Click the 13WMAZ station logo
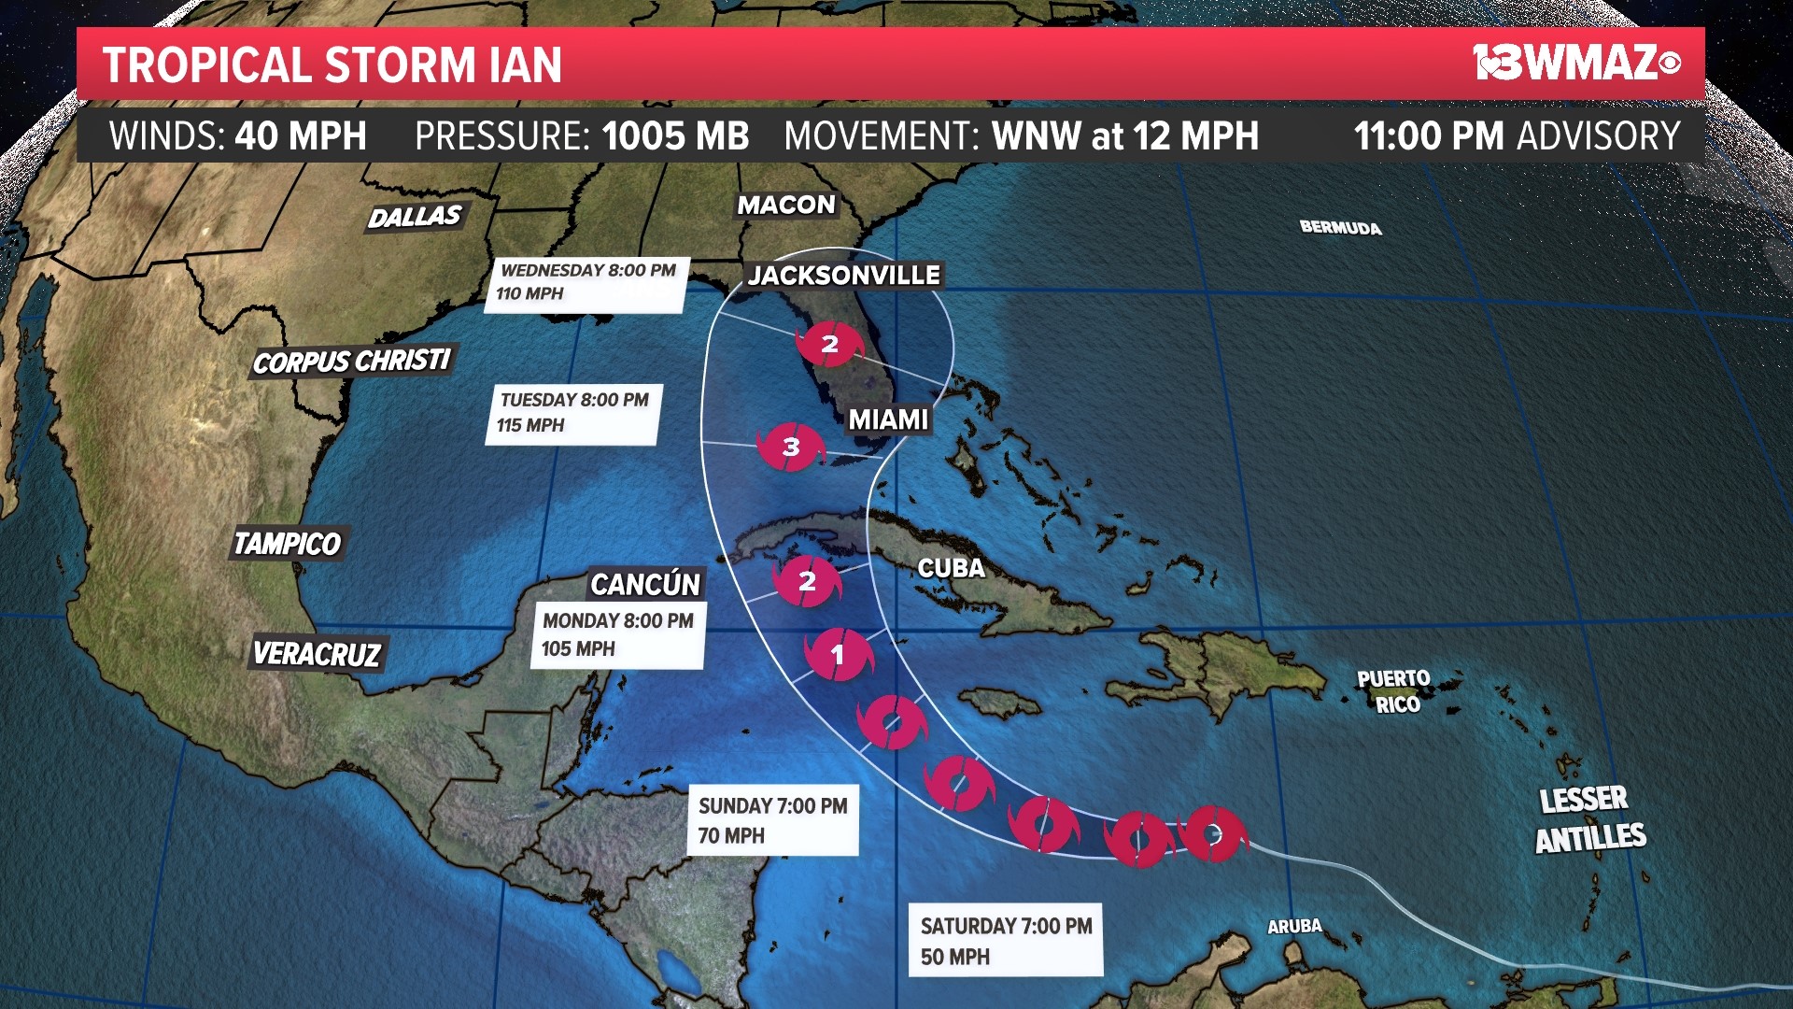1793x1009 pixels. point(1576,63)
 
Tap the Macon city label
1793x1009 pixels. point(786,205)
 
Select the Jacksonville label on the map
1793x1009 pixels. point(844,275)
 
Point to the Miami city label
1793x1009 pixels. point(888,419)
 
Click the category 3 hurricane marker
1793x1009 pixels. point(791,447)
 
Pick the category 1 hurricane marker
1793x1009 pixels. point(838,654)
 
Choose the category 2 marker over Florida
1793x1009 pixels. point(829,344)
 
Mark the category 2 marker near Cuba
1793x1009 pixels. point(807,581)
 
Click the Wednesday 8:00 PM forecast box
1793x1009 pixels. point(587,283)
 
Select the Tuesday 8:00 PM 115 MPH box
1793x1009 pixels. point(573,413)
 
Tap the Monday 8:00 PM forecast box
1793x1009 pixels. point(617,634)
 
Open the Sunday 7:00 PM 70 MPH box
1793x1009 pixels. point(773,819)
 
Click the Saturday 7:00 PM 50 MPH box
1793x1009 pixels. point(1006,940)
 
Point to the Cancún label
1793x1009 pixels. point(645,584)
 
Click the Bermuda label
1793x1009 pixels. point(1340,227)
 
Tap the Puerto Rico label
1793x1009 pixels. point(1394,691)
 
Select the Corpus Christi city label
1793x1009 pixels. point(351,361)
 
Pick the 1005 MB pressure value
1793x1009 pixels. point(675,136)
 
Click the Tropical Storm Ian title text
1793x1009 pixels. point(332,64)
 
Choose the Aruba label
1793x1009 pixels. point(1294,926)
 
